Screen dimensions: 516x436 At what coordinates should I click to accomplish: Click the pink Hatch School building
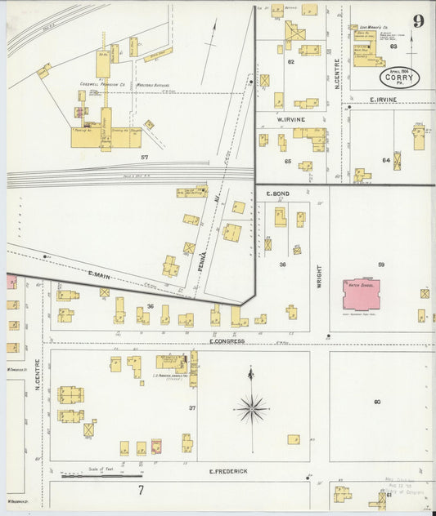[361, 294]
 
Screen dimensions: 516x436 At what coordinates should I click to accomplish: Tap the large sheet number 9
[418, 21]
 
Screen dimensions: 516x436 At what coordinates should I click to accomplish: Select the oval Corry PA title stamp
[399, 78]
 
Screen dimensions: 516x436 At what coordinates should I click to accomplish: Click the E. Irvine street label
[383, 100]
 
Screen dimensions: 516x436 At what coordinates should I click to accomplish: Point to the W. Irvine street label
[291, 120]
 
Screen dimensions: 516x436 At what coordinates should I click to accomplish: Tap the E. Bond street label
[279, 193]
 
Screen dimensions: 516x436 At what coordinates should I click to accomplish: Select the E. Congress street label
[227, 340]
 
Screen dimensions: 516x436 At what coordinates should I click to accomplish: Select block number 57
[144, 156]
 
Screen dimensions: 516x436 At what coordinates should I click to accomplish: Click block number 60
[377, 401]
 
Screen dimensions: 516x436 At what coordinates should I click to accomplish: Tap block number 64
[385, 160]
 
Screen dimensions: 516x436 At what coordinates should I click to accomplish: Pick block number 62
[290, 61]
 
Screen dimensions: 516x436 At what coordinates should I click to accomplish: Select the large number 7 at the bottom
[141, 490]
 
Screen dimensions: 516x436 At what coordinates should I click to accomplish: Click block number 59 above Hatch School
[380, 265]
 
